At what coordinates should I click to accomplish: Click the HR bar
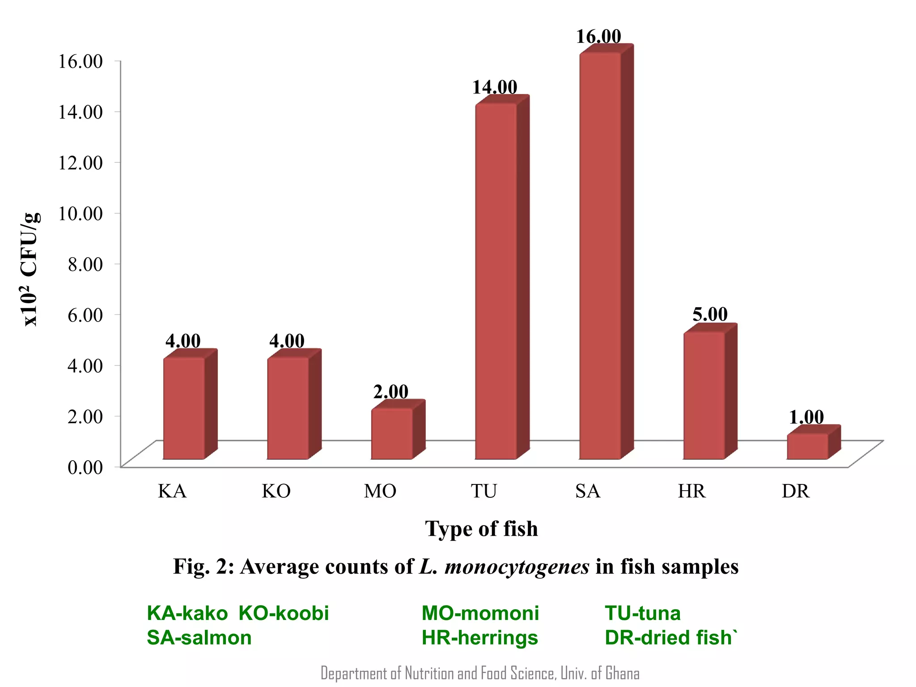(x=704, y=395)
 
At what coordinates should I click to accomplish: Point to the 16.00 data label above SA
(x=598, y=37)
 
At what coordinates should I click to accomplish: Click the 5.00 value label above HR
(x=710, y=314)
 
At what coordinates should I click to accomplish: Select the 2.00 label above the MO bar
(x=390, y=392)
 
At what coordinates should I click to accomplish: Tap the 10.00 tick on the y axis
(x=81, y=213)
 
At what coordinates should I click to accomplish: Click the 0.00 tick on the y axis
(x=85, y=467)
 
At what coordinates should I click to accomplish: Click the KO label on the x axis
(x=276, y=491)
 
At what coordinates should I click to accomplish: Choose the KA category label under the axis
(x=172, y=491)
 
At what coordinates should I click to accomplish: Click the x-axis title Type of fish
(x=481, y=529)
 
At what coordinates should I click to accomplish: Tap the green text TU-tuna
(x=642, y=613)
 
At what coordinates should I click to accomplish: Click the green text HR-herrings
(x=479, y=637)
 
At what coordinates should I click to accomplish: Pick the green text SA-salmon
(x=199, y=637)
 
